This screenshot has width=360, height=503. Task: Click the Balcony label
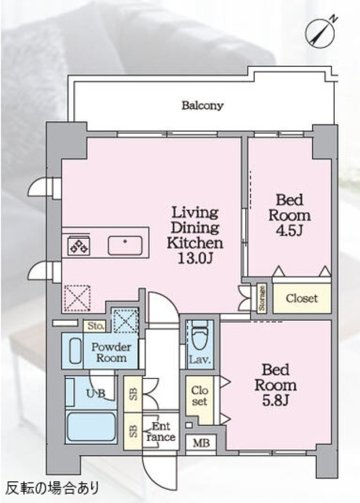203,105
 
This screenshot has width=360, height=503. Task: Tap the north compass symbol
321,33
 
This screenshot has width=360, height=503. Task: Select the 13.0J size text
195,258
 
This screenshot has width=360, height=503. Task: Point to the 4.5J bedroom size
289,230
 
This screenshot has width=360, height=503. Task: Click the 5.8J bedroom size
276,400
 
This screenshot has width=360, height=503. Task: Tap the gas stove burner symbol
79,245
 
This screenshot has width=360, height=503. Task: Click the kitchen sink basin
125,245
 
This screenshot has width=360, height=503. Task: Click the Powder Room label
111,352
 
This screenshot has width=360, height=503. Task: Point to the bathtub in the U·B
91,427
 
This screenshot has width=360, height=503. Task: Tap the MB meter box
201,443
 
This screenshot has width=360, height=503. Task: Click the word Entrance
161,431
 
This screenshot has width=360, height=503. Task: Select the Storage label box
262,298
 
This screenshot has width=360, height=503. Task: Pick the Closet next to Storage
302,299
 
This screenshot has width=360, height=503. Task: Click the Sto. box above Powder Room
96,326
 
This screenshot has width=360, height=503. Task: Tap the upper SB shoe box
133,394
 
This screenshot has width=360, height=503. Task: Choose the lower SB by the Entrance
133,431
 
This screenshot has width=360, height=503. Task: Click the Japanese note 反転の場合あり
53,489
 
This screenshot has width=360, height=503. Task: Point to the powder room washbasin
75,351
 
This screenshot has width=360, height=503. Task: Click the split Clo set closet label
200,396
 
